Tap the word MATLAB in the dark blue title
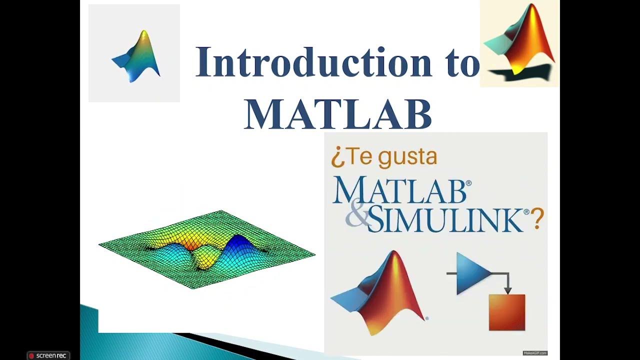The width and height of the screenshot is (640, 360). pos(338,114)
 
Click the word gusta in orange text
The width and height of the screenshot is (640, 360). pos(407,157)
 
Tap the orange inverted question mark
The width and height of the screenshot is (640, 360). pos(336,158)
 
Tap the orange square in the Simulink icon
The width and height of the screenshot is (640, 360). pos(507,312)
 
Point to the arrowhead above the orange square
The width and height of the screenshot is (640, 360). pos(507,290)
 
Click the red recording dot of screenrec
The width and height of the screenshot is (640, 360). pos(31,356)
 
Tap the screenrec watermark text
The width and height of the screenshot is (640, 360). pos(51,356)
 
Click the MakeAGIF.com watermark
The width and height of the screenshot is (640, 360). pos(535,353)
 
